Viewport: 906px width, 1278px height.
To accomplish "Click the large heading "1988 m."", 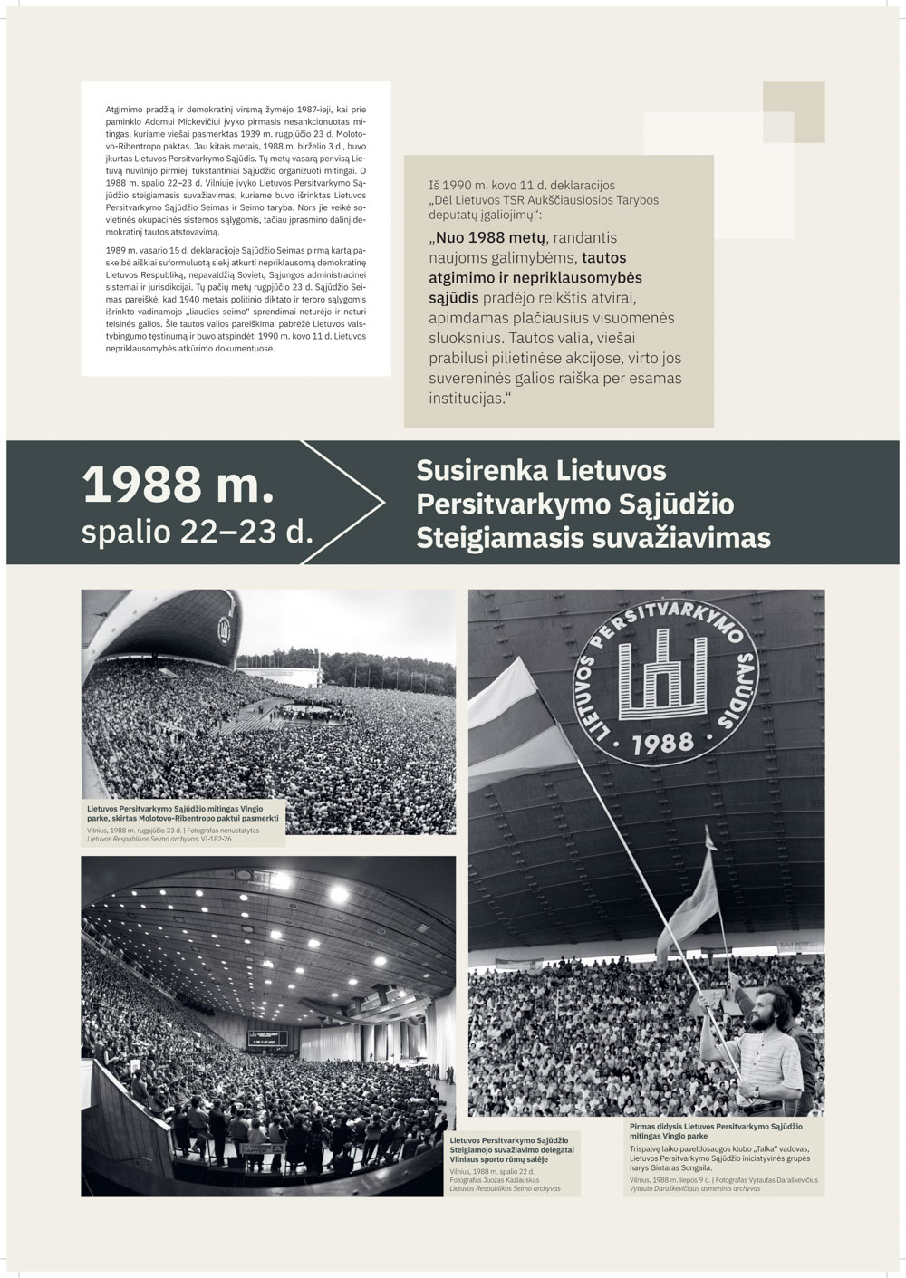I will [x=178, y=485].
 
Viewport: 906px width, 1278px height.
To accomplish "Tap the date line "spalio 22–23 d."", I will [x=197, y=533].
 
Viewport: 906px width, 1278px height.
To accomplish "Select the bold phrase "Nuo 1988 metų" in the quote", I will [x=486, y=238].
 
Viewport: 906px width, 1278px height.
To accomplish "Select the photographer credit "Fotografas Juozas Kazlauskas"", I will [x=495, y=1180].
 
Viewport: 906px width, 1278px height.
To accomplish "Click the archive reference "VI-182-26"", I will [x=217, y=839].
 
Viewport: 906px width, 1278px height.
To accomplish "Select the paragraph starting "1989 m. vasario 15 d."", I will [x=236, y=299].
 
